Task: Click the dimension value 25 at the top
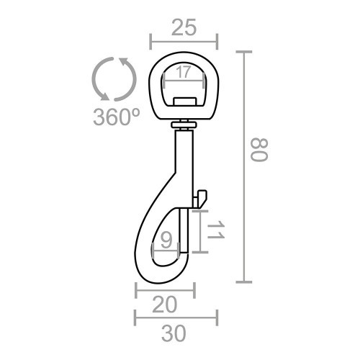pos(183,28)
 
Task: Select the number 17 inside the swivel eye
pos(183,73)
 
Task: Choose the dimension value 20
pos(165,305)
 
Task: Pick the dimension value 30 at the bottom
pos(176,333)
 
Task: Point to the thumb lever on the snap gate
pos(201,195)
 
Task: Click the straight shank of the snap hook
pos(184,166)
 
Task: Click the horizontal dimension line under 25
pos(183,41)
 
